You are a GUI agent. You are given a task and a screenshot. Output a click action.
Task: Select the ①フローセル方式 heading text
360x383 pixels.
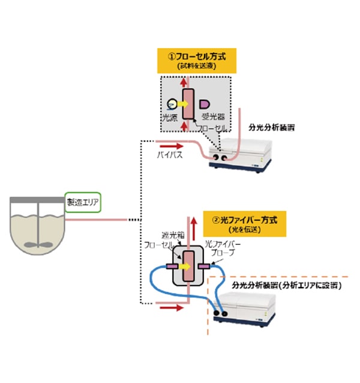[197, 56]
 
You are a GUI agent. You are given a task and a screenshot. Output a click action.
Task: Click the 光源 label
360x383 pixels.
[171, 118]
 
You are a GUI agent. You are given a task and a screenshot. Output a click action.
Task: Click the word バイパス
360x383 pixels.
[167, 155]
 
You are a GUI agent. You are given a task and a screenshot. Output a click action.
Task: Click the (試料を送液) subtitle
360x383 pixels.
[197, 67]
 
